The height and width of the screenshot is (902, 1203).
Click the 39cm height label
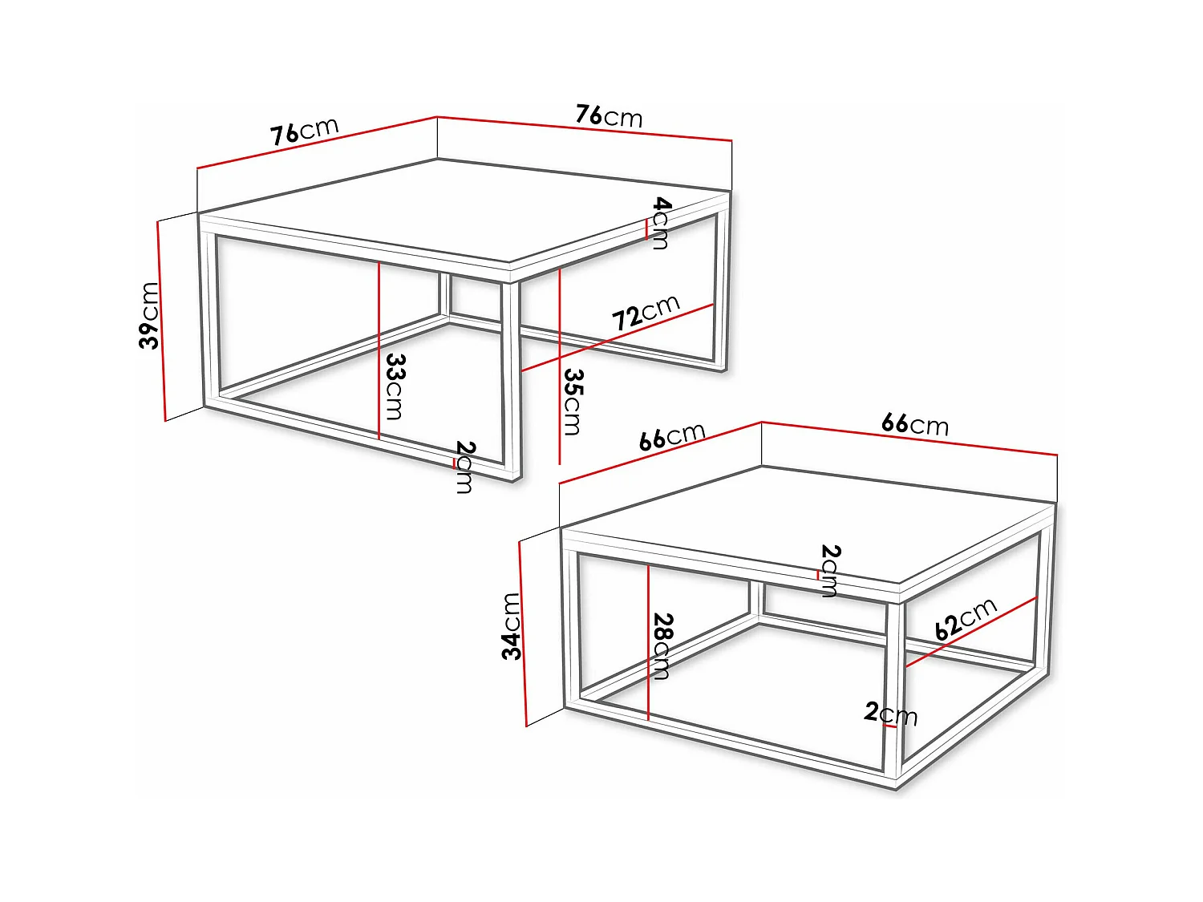coord(149,316)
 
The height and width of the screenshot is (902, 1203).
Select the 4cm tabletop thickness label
coord(660,223)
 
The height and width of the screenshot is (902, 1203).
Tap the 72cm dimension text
coord(646,312)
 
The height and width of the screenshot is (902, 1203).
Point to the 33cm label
coord(395,386)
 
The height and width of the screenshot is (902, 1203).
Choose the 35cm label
coord(573,402)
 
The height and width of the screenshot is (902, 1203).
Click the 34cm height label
coord(512,626)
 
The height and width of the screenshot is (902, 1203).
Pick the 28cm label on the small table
coord(663,646)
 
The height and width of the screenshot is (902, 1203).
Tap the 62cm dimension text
coord(966,618)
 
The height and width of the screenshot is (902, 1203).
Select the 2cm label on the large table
coord(464,467)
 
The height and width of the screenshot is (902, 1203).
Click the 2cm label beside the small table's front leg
coord(890,713)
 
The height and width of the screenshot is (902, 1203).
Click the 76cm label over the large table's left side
coord(304,131)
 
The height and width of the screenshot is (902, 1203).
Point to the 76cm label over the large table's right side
coord(609,116)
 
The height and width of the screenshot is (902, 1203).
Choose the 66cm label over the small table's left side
coord(672,436)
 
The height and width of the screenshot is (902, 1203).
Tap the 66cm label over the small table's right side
coord(914,423)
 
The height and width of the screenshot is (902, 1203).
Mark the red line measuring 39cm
coord(161,321)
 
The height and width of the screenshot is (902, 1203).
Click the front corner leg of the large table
coord(511,377)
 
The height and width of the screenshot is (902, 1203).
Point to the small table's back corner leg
coord(757,597)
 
